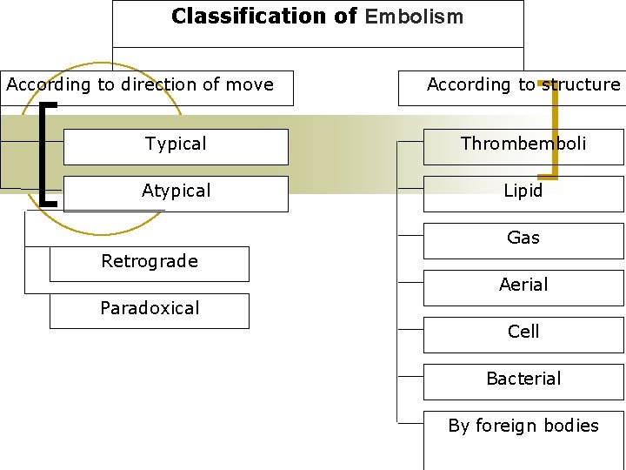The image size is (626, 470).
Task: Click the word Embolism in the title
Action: click(x=415, y=17)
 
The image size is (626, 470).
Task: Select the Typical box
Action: click(x=176, y=145)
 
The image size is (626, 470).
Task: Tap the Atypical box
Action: click(x=176, y=192)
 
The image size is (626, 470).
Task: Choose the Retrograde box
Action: click(x=150, y=263)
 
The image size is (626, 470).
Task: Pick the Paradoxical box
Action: click(x=150, y=310)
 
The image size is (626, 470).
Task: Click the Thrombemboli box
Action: click(x=523, y=145)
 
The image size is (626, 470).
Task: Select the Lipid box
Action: click(x=523, y=192)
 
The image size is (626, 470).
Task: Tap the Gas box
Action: click(x=523, y=239)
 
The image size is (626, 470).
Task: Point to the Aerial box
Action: click(x=523, y=286)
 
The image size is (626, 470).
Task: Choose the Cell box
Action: click(x=523, y=333)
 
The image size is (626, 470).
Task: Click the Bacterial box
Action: click(x=523, y=380)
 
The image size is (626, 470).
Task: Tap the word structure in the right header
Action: click(x=581, y=85)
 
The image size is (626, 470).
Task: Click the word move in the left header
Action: click(x=251, y=85)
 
